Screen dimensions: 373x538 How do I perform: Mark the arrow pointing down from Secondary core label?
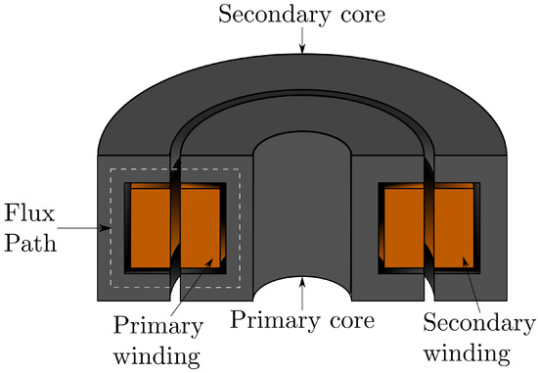pyautogui.click(x=304, y=38)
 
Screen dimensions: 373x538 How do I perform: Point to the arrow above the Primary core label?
pyautogui.click(x=303, y=291)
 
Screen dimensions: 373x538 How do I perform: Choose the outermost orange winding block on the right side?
pyautogui.click(x=455, y=227)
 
